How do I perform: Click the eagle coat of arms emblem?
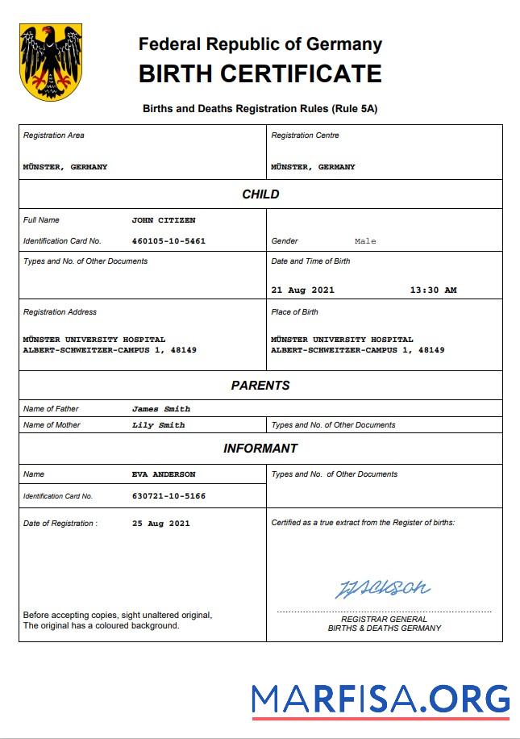pos(51,62)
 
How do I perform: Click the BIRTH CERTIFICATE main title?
pos(260,74)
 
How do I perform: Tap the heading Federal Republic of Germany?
pos(260,44)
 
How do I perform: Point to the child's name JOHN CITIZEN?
pos(164,220)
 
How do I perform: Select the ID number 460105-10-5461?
pos(168,241)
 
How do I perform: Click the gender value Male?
pos(365,241)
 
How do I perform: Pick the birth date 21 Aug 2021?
pos(302,290)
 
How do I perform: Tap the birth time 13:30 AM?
pos(433,290)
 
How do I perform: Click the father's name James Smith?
pos(161,409)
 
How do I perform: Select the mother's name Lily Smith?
pos(159,425)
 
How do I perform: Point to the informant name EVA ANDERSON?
pos(164,474)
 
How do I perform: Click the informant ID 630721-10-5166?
pos(168,496)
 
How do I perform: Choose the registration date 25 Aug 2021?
pos(161,524)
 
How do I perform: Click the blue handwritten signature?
pos(382,588)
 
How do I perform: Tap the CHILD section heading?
pos(260,194)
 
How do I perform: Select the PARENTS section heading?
pos(260,386)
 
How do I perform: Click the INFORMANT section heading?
pos(260,449)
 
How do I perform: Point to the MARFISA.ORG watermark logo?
pos(381,699)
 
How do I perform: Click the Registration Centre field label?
pos(305,136)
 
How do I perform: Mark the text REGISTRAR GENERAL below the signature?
pos(384,619)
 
